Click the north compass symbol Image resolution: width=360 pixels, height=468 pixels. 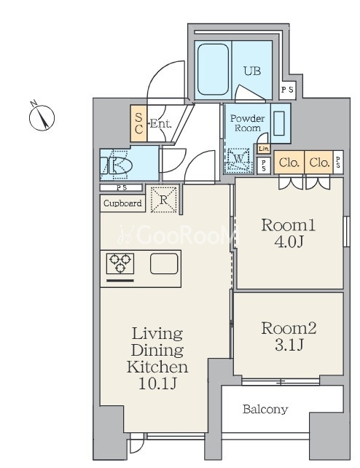pos(42,117)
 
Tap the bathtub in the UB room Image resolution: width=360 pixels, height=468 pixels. pos(213,69)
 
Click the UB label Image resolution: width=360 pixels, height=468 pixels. pos(252,71)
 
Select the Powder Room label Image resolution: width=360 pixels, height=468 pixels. pos(247,123)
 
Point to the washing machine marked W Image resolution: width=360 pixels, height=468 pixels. pos(238,160)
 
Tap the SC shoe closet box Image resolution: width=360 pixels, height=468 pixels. pos(138,123)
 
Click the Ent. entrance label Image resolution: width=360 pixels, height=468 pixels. pos(161,124)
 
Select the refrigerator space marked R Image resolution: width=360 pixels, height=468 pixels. pos(163,200)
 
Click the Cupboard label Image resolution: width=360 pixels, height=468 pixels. pos(122,203)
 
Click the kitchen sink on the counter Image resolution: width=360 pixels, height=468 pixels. pos(164,264)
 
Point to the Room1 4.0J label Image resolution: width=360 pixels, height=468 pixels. pos(289,233)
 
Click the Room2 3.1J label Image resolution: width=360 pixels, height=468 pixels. pos(289,336)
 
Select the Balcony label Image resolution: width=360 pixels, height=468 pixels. pos(265,409)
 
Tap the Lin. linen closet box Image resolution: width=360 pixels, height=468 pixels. pos(264,149)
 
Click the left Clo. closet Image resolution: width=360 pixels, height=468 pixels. pos(289,163)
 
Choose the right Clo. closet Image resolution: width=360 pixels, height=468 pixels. pos(319,163)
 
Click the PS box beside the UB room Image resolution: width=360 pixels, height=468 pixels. pos(288,90)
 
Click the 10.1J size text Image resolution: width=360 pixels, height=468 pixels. pos(158,383)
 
